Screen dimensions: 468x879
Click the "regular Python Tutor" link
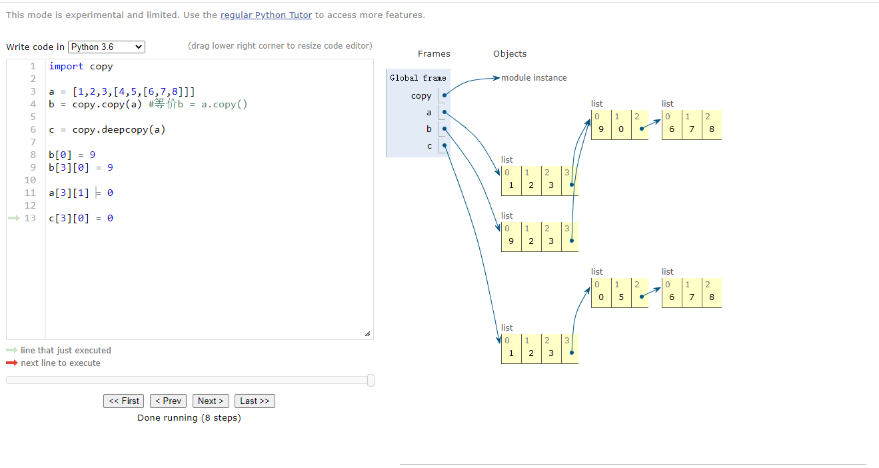266,15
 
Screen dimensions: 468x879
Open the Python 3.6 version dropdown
107,47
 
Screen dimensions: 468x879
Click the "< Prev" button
168,401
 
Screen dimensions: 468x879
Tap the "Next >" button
211,401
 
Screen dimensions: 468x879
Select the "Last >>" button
255,401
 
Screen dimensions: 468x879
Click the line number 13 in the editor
30,218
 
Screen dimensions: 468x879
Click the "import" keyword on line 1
66,66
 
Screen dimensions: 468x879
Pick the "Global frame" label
418,78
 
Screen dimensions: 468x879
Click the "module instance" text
534,78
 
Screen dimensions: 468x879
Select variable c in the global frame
429,146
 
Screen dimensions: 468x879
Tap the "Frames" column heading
434,54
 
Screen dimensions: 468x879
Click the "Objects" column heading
510,54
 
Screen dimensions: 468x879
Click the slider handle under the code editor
371,380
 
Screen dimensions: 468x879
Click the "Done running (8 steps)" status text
189,418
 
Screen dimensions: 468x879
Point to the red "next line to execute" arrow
12,363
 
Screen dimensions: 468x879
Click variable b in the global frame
429,129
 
